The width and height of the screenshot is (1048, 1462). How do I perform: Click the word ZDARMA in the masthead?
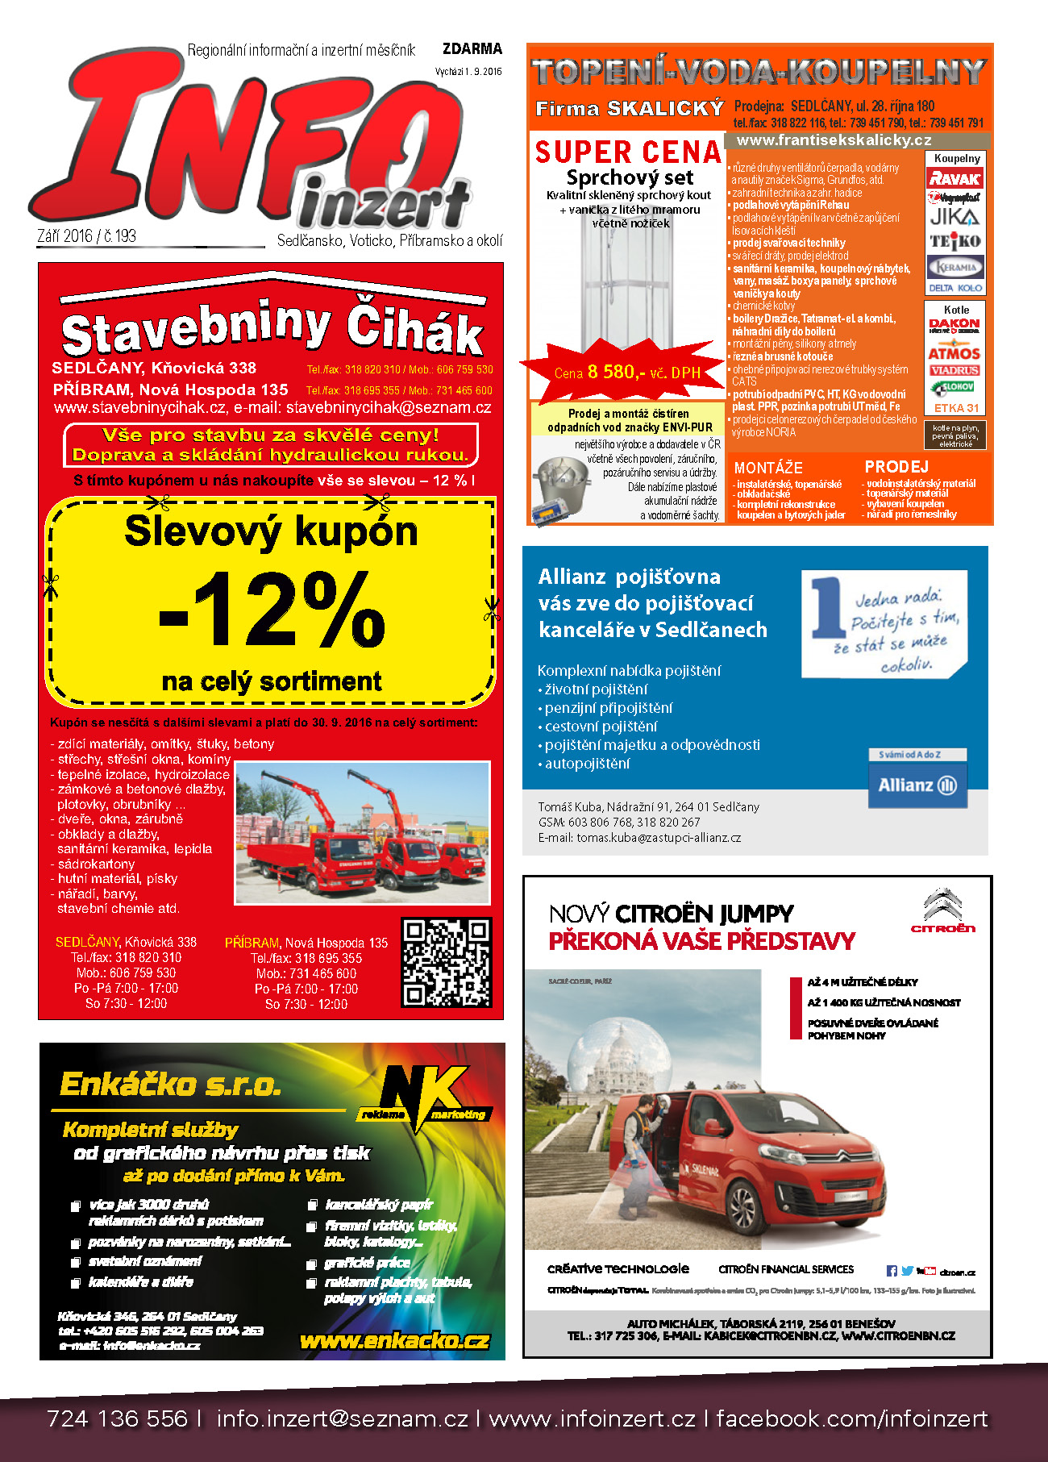click(x=472, y=49)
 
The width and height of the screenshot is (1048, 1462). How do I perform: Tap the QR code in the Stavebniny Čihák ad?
click(x=447, y=962)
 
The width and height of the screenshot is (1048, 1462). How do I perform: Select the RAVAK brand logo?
click(x=954, y=178)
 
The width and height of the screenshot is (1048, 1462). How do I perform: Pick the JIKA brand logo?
click(x=954, y=216)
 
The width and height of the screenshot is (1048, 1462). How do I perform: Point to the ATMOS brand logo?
click(x=954, y=353)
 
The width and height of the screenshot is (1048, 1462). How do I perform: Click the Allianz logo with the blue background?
click(x=917, y=785)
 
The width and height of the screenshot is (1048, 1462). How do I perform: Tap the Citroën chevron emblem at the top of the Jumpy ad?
click(x=942, y=906)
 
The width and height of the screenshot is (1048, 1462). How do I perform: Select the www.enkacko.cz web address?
click(x=394, y=1340)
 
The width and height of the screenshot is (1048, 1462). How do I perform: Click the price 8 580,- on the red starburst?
click(x=616, y=372)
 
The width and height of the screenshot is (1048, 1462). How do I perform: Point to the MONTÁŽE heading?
click(x=768, y=468)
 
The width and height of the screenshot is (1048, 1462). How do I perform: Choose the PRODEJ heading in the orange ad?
click(x=896, y=467)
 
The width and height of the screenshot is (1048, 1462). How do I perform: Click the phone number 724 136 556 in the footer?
click(x=117, y=1418)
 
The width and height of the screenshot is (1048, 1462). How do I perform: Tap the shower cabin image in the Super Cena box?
click(x=628, y=286)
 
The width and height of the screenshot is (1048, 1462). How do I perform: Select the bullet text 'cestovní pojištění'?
click(x=601, y=727)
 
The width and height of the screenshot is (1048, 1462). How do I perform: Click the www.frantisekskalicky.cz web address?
click(x=834, y=140)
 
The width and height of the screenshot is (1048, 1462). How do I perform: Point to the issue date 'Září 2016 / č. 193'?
click(x=87, y=236)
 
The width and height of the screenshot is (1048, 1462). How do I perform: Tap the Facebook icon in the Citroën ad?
click(x=892, y=1271)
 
